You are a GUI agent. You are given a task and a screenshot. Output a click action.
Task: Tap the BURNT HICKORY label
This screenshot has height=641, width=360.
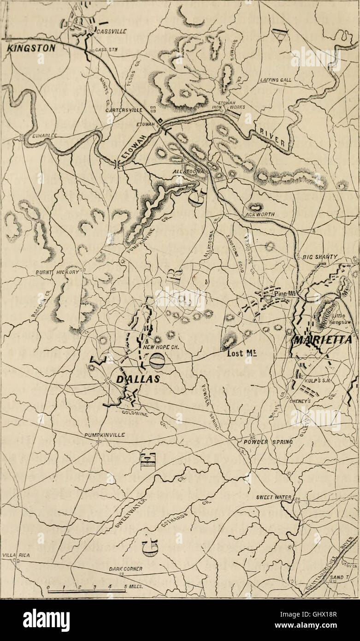(58, 273)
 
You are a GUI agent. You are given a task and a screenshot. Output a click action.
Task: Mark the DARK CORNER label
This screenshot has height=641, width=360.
(125, 569)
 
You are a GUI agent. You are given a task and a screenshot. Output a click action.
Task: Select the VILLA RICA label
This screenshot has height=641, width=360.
(16, 556)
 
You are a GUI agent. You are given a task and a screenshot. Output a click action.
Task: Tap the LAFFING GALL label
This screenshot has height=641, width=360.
(276, 80)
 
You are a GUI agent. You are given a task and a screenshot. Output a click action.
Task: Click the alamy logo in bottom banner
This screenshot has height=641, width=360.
(46, 620)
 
